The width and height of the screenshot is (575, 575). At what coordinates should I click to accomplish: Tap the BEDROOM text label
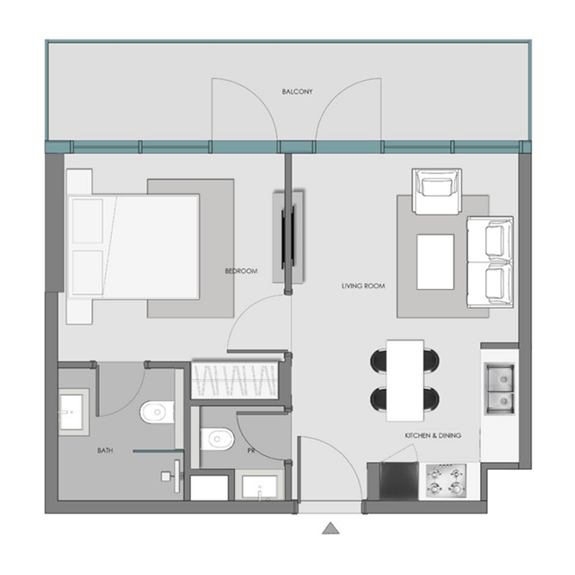pos(241,271)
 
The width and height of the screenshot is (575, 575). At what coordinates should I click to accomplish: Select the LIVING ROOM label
pos(363,286)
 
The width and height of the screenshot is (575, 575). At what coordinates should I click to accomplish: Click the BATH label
pos(104,451)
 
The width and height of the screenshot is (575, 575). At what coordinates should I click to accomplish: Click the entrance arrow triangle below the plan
pos(330,528)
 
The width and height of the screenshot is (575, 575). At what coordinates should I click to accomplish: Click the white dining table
pos(404,380)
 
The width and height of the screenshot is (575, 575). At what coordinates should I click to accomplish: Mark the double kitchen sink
pos(500,389)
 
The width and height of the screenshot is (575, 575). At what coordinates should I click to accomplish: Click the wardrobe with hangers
pos(236,379)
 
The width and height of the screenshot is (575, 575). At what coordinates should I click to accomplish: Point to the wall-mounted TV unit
pos(289,237)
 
